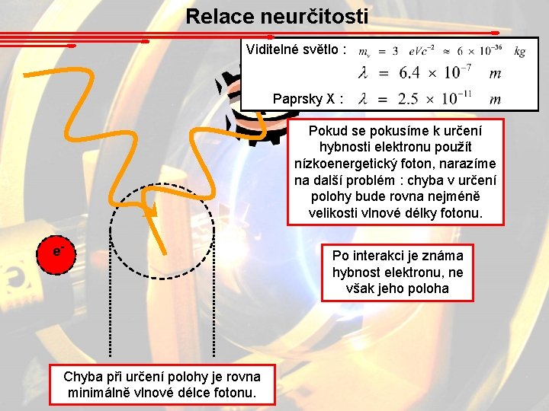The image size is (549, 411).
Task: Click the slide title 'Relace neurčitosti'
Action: coord(277,16)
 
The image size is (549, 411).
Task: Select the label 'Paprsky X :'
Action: coord(308,99)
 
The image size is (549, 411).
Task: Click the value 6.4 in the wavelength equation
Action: coord(409,73)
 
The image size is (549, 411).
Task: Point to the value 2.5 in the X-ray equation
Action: coord(409,99)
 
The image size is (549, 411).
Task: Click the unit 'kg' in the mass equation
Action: coord(519,51)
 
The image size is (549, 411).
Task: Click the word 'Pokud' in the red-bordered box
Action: coord(326,130)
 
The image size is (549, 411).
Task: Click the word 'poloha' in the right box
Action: coord(429,288)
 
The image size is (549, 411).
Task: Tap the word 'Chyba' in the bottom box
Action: coord(82,377)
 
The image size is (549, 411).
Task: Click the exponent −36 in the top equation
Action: coord(495,47)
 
